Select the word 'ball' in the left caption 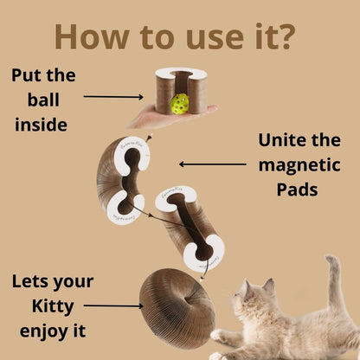pos(43,99)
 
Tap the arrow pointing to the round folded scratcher pos(113,305)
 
